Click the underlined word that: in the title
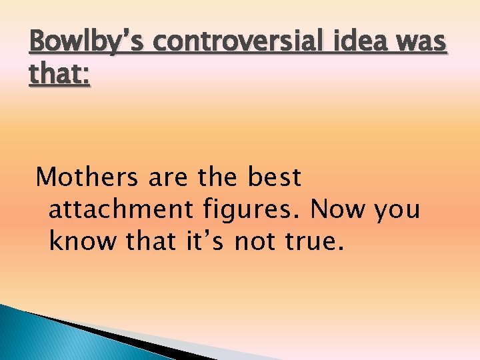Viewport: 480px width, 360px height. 60,76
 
